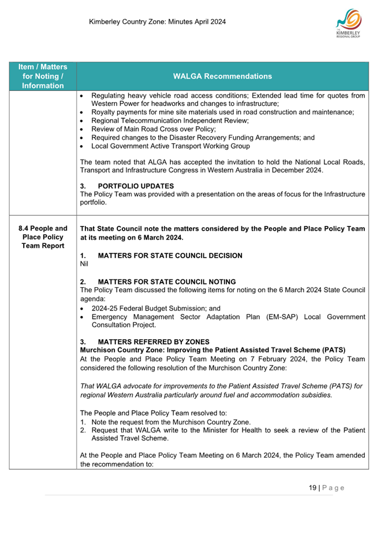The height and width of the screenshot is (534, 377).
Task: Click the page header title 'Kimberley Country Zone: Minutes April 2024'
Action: [x=157, y=23]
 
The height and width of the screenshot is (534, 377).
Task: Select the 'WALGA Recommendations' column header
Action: [x=222, y=76]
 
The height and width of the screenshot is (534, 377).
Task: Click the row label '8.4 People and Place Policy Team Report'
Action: [x=43, y=237]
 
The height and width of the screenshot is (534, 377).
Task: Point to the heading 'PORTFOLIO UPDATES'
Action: [x=136, y=186]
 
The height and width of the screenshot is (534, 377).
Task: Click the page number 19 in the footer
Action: [x=312, y=488]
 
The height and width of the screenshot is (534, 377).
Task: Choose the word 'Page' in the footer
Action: [x=333, y=488]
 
